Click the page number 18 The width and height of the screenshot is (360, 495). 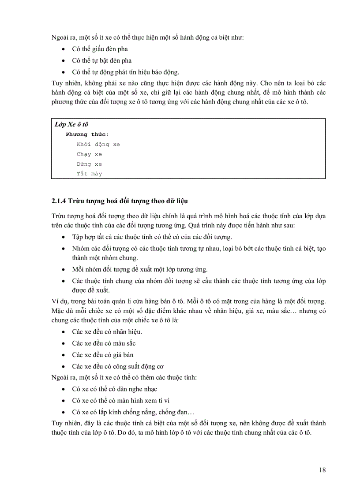[x=322, y=470]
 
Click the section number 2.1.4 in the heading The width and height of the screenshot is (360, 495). [x=58, y=201]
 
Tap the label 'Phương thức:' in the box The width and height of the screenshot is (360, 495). [x=87, y=134]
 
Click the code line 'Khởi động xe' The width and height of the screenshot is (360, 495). [x=98, y=144]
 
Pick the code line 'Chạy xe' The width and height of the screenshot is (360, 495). [x=89, y=154]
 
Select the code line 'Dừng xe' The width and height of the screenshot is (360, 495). [x=89, y=164]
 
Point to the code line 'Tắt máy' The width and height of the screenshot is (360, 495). [x=89, y=174]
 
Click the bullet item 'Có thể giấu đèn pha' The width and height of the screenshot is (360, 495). [x=100, y=49]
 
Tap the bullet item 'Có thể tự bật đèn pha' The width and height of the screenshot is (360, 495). [x=101, y=61]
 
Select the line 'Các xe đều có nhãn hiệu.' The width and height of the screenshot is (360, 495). [x=107, y=332]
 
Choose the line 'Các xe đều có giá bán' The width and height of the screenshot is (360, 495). [x=103, y=355]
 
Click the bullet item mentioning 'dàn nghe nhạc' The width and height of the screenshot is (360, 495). [x=114, y=389]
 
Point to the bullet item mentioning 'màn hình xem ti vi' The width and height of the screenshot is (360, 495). [x=120, y=401]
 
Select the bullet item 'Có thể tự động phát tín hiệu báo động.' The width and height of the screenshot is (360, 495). [x=125, y=72]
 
